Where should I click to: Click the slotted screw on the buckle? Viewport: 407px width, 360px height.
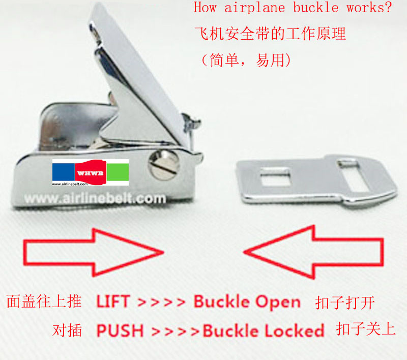164,165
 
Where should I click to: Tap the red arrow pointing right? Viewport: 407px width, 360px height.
94,252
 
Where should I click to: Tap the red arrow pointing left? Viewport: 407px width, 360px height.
313,252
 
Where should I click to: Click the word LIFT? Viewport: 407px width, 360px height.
113,302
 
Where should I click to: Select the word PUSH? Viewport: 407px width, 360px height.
120,330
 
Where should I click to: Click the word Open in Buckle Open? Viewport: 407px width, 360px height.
278,303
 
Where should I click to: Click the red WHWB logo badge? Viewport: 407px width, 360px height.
91,172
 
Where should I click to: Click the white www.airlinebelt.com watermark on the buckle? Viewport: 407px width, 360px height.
95,199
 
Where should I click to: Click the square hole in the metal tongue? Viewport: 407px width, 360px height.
275,177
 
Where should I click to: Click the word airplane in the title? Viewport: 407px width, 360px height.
255,8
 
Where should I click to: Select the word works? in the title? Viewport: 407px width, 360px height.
369,8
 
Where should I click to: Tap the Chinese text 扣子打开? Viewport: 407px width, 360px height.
345,303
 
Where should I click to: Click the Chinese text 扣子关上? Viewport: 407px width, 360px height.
366,328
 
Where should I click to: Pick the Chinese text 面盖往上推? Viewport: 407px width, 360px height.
44,302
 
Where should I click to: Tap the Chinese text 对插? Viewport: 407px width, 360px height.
67,330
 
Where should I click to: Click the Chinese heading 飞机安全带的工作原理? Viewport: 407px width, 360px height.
270,34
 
